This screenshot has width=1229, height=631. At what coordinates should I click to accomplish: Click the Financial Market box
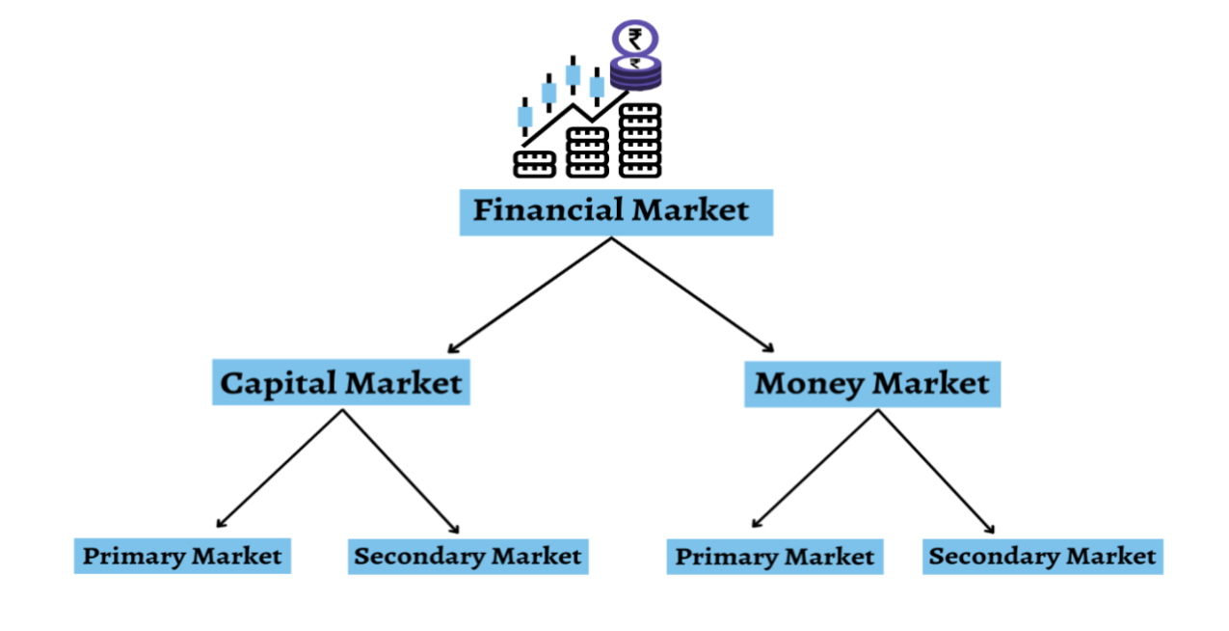615,211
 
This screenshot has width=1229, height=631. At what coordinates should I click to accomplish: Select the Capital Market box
341,383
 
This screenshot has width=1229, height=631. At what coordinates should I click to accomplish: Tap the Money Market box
872,383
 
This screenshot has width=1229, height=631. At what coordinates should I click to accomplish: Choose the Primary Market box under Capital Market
182,556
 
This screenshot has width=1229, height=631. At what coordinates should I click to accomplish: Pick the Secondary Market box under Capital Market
468,557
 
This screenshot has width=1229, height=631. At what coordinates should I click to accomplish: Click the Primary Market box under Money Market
774,557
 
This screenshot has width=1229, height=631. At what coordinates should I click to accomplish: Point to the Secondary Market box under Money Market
1042,557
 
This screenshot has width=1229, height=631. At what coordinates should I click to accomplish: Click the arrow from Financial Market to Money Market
694,294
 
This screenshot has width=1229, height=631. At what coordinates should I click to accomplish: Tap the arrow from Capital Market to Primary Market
280,469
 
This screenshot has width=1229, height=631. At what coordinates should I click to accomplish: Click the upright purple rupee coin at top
635,39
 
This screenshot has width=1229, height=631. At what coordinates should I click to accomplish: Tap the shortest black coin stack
534,163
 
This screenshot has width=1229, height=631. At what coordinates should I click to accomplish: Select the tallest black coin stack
640,140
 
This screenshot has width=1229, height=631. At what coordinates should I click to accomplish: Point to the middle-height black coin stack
587,151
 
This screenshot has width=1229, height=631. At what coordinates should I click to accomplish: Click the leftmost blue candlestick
525,117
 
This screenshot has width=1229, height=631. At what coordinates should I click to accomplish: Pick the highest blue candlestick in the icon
574,74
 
